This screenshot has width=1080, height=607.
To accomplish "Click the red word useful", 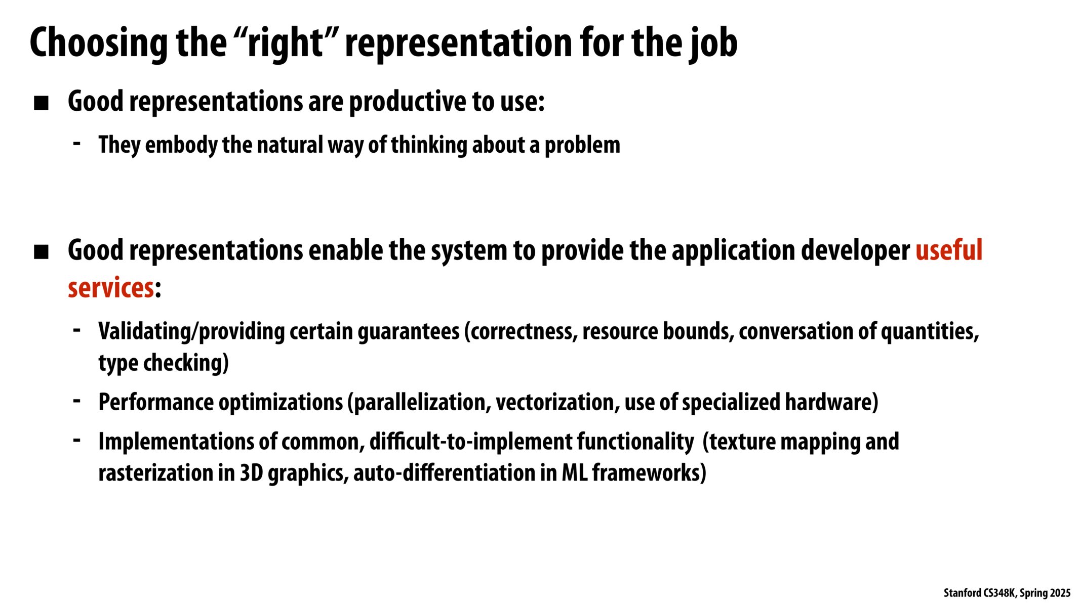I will coord(949,250).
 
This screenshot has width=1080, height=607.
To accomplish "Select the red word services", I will coord(110,288).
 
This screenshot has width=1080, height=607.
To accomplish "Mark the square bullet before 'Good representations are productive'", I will coord(41,103).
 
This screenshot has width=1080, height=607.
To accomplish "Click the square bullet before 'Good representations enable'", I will coord(41,251).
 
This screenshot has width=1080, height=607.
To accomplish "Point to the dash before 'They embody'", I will coord(77,144).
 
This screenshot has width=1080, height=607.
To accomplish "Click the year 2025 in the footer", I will coord(1060,593).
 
